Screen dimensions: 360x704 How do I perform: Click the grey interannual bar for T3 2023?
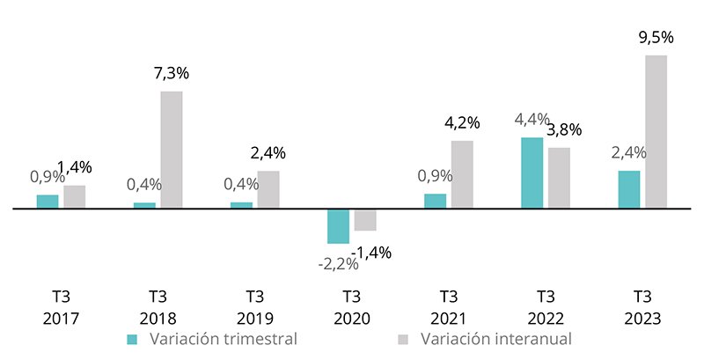[x=656, y=132]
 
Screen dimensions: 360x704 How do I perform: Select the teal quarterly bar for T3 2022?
[x=532, y=173]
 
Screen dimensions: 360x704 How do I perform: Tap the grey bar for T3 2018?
[x=172, y=150]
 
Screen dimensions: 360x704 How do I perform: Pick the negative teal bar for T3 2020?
[x=338, y=226]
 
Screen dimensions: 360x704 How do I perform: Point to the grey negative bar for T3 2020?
[x=365, y=220]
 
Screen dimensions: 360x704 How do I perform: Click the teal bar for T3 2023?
[x=629, y=189]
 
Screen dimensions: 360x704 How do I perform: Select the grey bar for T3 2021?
[x=462, y=174]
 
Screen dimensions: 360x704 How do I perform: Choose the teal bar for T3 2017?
[x=48, y=202]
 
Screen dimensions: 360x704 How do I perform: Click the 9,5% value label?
[x=656, y=37]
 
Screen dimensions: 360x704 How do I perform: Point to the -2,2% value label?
[x=338, y=262]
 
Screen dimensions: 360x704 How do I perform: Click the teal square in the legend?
[x=133, y=339]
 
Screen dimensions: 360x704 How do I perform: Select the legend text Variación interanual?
[x=496, y=339]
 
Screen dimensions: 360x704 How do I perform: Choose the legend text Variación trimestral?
[x=224, y=339]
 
